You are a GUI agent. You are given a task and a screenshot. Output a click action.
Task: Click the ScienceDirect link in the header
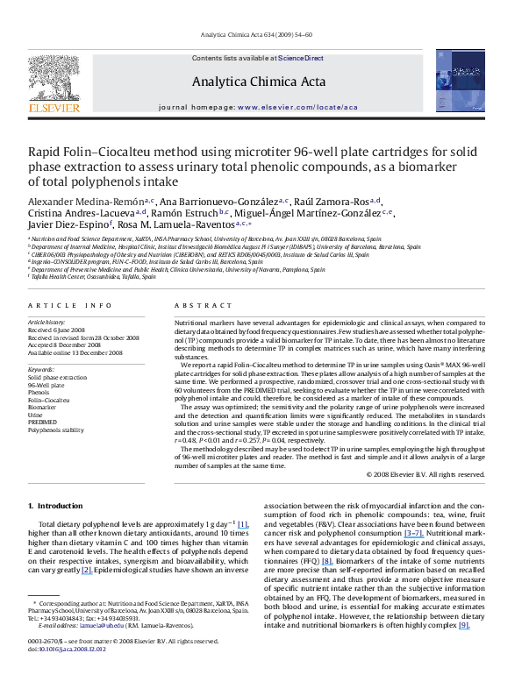[301, 58]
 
